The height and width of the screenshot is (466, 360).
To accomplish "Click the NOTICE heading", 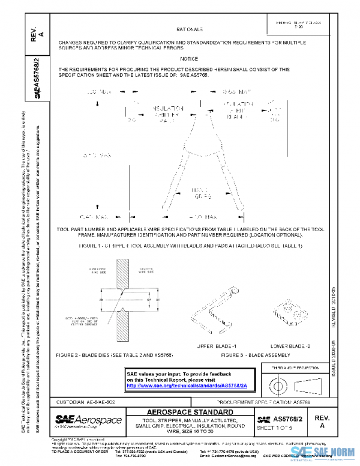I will (190, 59).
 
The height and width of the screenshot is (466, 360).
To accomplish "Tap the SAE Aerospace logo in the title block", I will (88, 420).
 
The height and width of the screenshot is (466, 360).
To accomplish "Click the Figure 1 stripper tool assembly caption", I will (190, 246).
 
